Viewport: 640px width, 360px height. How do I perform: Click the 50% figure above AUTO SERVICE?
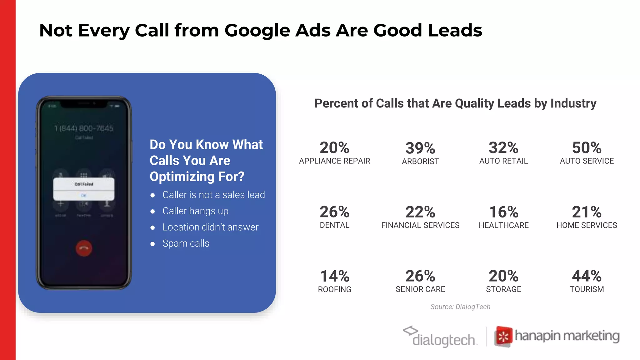pos(587,147)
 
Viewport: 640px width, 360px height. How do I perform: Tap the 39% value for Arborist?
pos(420,148)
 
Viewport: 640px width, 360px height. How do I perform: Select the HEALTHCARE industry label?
pos(503,225)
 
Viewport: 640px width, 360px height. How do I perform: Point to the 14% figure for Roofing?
pos(334,276)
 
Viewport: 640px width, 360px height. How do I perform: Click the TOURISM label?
pos(587,289)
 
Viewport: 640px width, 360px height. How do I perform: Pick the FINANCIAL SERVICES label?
pos(420,225)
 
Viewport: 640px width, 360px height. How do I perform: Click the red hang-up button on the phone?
pos(84,248)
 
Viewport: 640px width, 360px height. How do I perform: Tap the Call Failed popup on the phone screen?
pos(84,189)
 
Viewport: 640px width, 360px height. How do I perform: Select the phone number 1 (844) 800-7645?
pos(84,128)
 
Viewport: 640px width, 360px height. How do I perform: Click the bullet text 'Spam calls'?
pos(186,243)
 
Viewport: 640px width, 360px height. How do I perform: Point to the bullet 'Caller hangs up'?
pos(195,211)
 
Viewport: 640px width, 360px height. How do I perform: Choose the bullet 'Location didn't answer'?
pos(210,227)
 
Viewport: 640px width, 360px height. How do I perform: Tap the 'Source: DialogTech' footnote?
pos(460,307)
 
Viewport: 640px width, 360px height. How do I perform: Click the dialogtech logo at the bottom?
pos(441,337)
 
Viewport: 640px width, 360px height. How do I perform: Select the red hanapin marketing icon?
pos(503,337)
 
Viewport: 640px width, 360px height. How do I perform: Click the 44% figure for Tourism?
pos(587,276)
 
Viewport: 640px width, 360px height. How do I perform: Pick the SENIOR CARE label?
pos(420,289)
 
